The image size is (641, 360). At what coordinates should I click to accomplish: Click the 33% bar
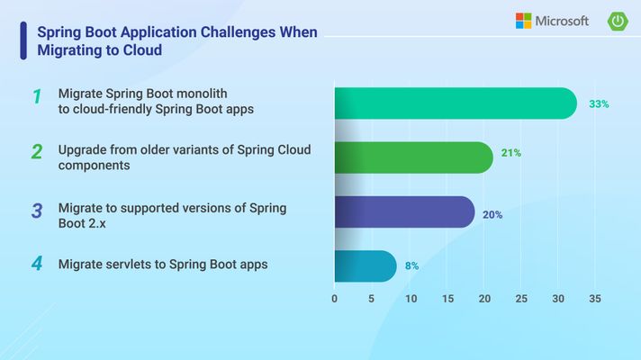456,103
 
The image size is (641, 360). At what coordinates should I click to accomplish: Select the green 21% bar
414,157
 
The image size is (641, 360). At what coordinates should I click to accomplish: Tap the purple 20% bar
405,212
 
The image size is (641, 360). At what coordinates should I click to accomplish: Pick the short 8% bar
366,266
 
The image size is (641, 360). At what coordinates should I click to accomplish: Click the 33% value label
599,104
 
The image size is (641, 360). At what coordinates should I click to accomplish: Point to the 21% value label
511,153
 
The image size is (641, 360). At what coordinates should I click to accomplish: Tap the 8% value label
411,266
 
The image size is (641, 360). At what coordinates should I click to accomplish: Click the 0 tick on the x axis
334,299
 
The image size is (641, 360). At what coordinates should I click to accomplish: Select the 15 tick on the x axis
448,299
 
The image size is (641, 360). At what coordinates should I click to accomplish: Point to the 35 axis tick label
595,299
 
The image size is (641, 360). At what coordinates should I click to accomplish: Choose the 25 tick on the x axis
521,299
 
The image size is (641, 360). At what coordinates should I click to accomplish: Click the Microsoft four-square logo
524,21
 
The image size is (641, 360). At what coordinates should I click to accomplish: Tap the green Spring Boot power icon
618,22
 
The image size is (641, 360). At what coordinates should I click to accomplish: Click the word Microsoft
562,21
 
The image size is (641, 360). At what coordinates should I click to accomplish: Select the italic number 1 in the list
37,96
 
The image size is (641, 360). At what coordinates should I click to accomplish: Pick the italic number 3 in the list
37,211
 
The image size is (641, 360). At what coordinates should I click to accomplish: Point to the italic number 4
37,264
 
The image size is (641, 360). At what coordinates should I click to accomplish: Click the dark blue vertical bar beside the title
23,40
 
